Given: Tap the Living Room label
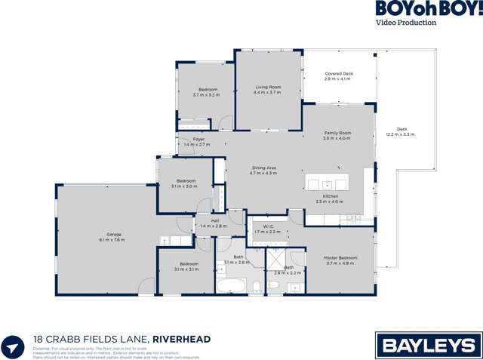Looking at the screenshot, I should (x=268, y=88).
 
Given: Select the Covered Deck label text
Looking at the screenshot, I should (x=338, y=74).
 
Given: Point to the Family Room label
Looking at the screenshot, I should (x=337, y=133).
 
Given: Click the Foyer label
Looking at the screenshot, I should (x=199, y=139).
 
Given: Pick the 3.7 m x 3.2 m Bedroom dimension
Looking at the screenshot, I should (x=205, y=95).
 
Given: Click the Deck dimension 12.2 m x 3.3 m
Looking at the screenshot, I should (x=400, y=134).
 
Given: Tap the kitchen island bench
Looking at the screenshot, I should (x=328, y=184).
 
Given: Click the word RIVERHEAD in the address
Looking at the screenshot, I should (x=182, y=340).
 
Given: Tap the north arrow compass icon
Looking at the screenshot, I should (x=13, y=347).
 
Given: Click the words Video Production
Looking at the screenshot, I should (x=406, y=23).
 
